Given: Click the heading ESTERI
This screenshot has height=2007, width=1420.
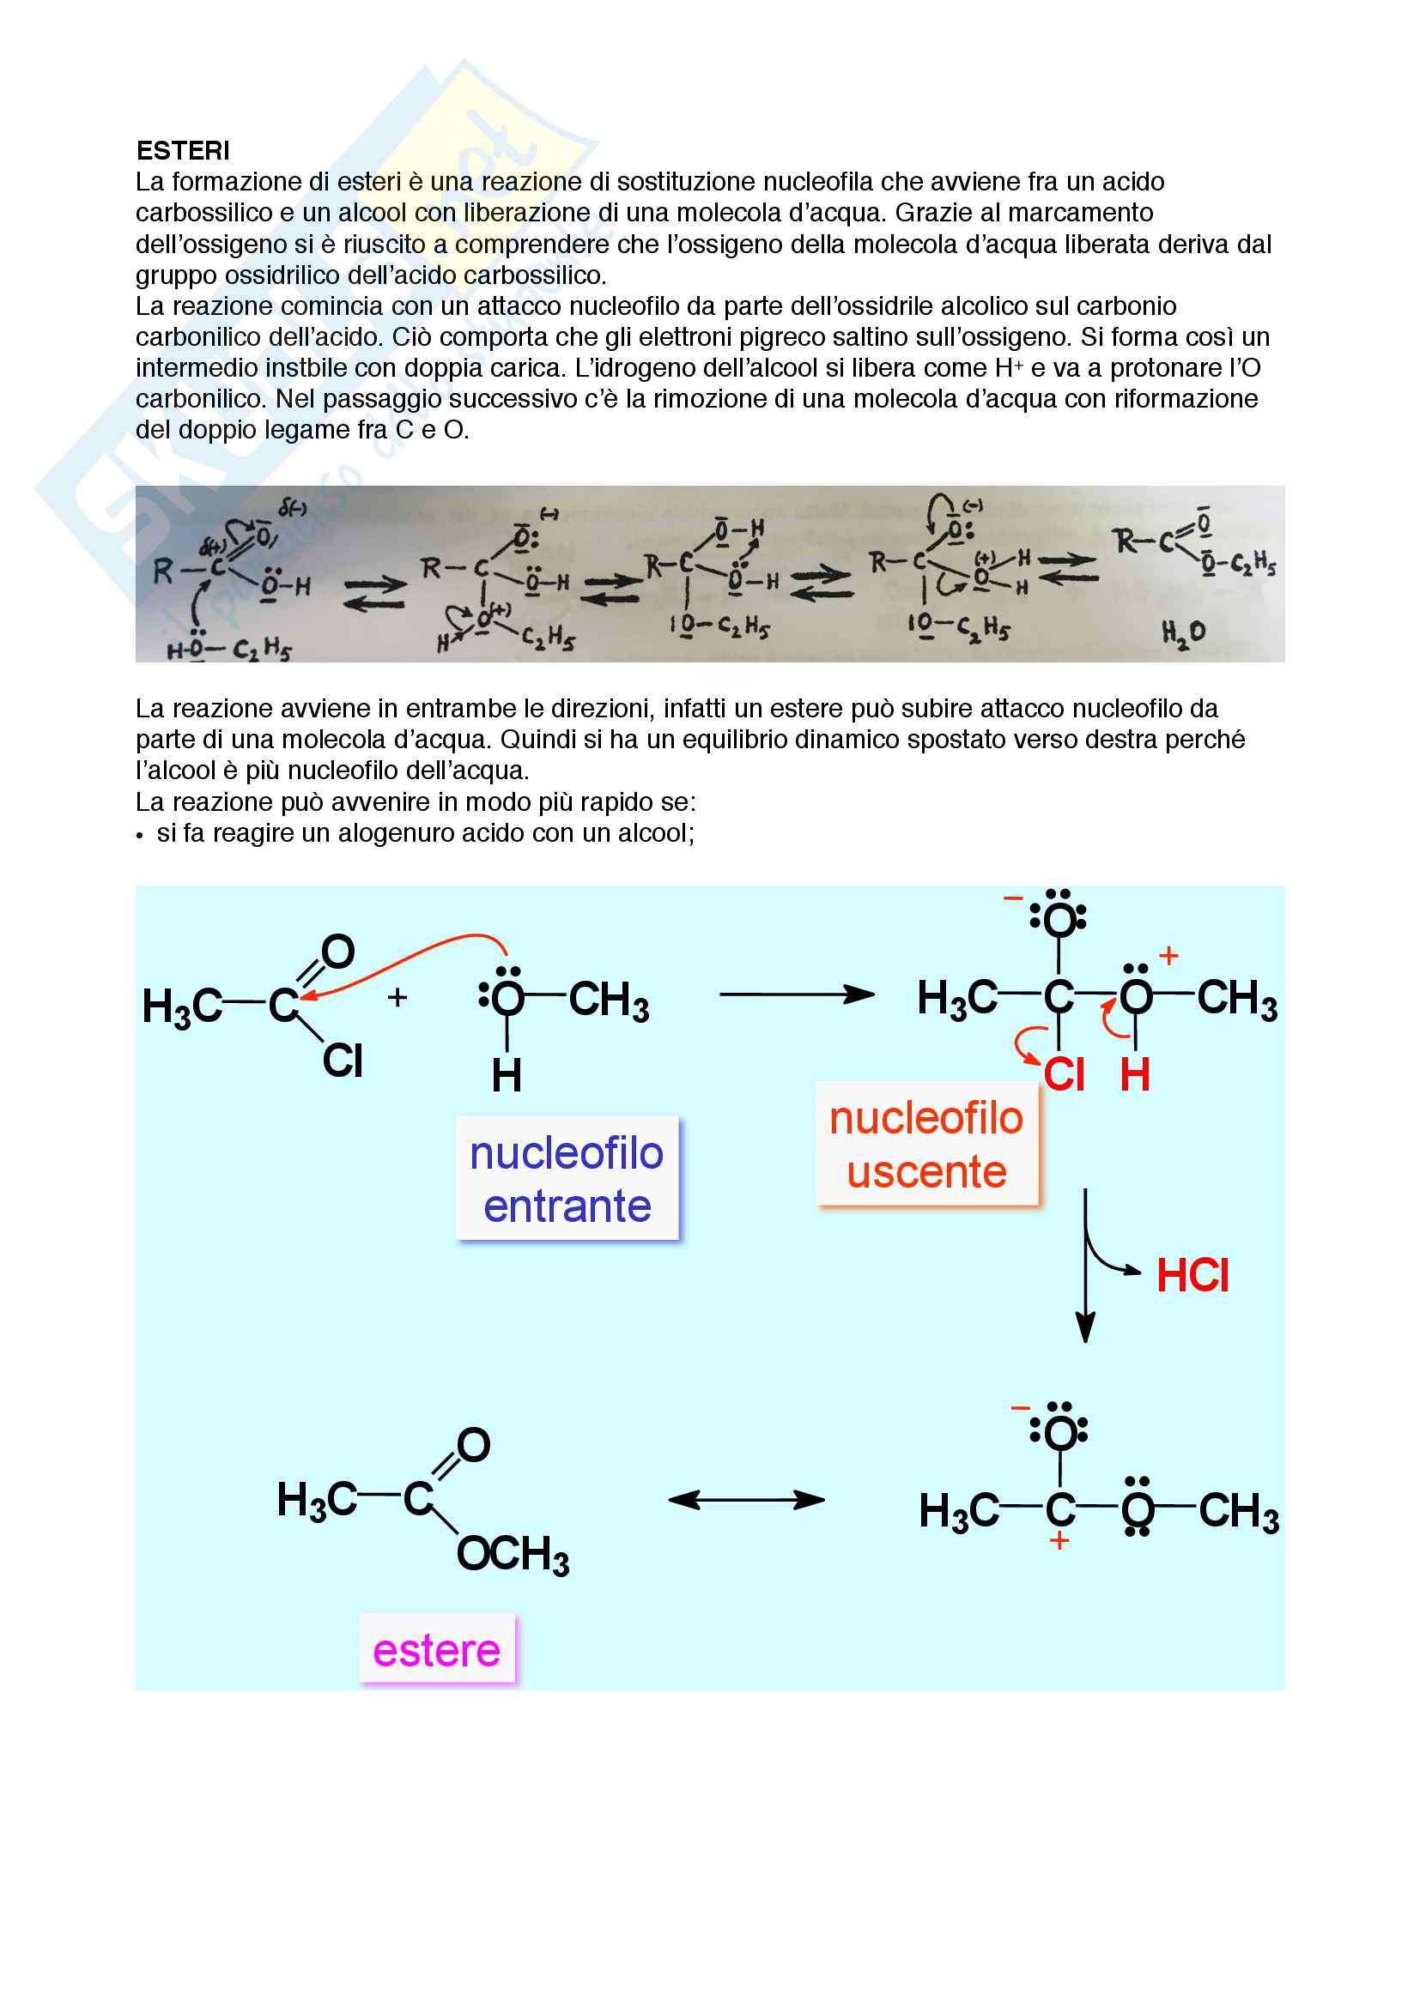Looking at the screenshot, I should pos(183,151).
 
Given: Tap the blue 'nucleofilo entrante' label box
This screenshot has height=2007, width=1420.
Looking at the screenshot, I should pos(567,1178).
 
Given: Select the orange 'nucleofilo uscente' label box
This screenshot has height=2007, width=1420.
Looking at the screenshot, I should pos(926,1145).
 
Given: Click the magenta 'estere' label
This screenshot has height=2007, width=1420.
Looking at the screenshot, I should pos(436,1651).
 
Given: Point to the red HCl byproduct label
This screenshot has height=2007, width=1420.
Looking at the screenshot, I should pos(1192,1275).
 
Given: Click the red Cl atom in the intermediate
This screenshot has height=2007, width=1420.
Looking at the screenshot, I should pos(1064,1074).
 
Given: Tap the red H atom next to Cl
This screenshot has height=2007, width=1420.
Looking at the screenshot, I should pos(1135,1074).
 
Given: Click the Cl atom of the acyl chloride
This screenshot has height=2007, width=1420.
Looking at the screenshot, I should pos(342,1061).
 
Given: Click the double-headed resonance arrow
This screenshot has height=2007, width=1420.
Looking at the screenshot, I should pos(746,1501).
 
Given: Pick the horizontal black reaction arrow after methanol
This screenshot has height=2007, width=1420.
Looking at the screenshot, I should pos(796,994).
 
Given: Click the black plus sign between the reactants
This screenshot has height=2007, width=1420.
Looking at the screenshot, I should pos(397,997).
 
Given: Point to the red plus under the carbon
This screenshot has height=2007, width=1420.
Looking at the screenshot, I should pos(1059,1541).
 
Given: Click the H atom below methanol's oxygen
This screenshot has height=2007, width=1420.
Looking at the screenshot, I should pos(507,1075).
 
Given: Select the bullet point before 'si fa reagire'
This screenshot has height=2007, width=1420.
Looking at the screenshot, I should pos(140,836).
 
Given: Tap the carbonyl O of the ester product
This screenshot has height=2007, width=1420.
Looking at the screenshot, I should pos(473,1446).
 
